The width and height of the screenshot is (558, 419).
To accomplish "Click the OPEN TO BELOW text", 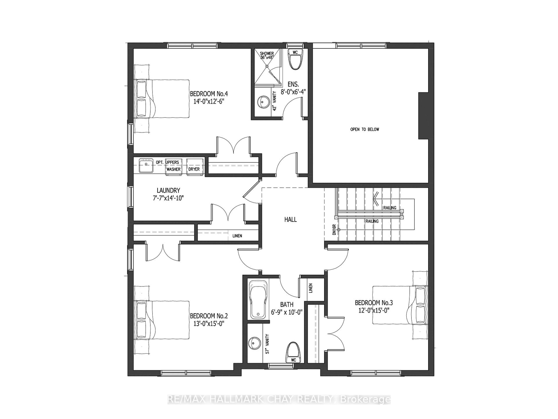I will tap(364, 129).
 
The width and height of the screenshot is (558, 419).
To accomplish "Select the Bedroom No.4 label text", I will tap(209, 94).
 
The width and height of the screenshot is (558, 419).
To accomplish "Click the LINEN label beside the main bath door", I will tap(311, 288).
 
